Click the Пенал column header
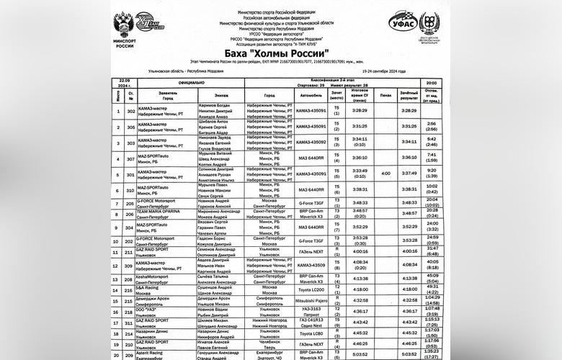[385, 95]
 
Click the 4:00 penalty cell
[385, 173]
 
